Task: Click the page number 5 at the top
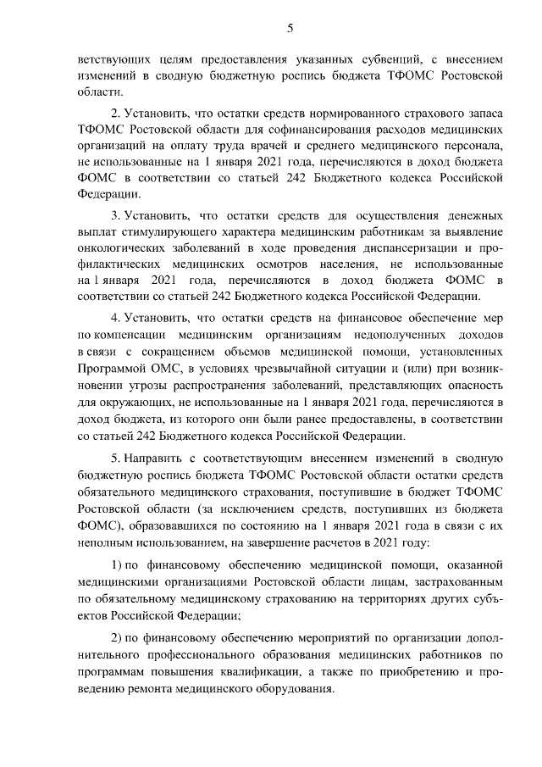point(290,28)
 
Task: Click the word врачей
point(264,146)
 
